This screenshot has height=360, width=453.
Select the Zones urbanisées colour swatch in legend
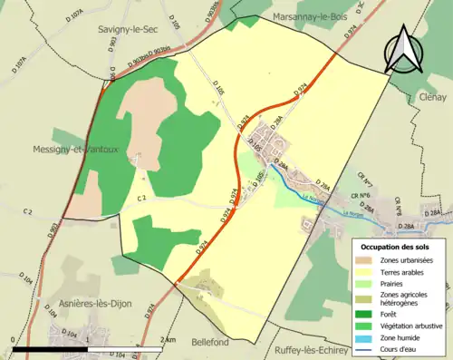coord(368,261)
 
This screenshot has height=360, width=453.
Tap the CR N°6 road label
coord(361,195)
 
